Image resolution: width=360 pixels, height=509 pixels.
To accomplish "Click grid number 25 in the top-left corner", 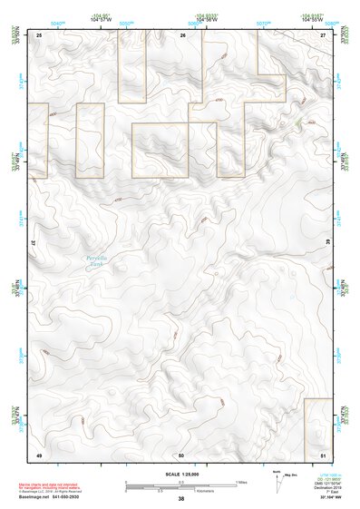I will pos(39,34).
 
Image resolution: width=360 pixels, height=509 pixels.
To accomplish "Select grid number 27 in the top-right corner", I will pos(324,34).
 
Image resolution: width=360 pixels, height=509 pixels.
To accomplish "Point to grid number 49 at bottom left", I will pos(39,454).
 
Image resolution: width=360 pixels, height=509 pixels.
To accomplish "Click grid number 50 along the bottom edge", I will pos(181,454).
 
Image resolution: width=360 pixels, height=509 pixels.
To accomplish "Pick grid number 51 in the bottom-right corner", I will pos(324,454).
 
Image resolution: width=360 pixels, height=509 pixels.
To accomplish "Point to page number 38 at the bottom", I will pos(180,499).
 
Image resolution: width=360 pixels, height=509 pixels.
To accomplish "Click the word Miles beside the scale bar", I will pos(242,482).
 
